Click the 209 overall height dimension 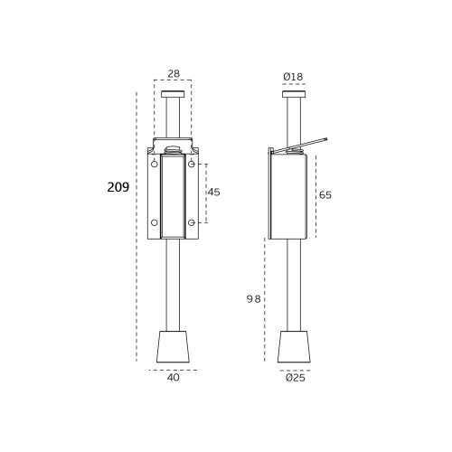[118, 187]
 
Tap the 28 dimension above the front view [174, 73]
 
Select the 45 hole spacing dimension [214, 193]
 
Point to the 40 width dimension [174, 377]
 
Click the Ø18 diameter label [293, 77]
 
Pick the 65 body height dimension [325, 195]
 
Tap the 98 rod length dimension [253, 299]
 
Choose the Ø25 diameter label [296, 378]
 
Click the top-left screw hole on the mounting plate [155, 165]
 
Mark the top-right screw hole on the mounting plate [192, 165]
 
